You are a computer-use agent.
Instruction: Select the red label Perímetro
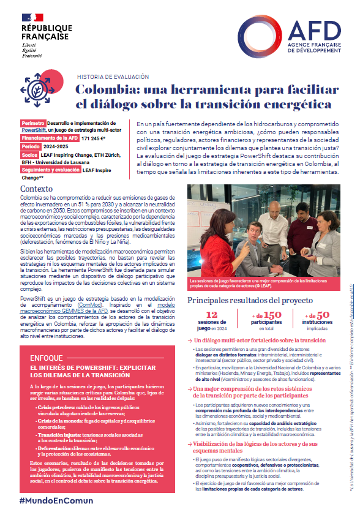(x=33, y=123)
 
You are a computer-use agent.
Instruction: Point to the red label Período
(x=31, y=147)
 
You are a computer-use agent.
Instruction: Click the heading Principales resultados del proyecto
(x=250, y=301)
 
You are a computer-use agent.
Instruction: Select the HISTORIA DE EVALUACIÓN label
(x=113, y=77)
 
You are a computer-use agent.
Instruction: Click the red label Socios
(x=29, y=155)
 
